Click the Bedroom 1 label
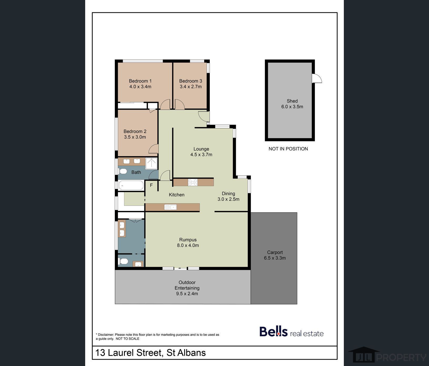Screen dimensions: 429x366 click(140, 81)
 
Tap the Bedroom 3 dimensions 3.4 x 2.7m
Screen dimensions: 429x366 click(191, 87)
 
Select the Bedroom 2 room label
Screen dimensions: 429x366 click(135, 131)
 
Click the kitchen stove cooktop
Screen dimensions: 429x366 click(193, 182)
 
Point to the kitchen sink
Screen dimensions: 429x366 click(170, 207)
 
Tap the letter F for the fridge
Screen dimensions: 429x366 click(151, 185)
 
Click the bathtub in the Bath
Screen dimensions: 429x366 click(131, 185)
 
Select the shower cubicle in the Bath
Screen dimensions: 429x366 click(151, 163)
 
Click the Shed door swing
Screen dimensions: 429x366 click(317, 78)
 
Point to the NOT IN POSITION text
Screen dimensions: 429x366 click(288, 149)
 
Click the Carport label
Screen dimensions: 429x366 click(275, 252)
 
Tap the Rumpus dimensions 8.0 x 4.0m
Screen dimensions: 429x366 click(188, 245)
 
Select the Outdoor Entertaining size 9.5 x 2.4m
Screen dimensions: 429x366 click(187, 294)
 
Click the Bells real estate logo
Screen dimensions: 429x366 click(292, 332)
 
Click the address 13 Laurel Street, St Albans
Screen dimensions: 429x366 click(150, 353)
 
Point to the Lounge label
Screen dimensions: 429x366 click(201, 149)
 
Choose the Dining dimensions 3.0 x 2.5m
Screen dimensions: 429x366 click(228, 199)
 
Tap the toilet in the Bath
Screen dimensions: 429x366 click(123, 171)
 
